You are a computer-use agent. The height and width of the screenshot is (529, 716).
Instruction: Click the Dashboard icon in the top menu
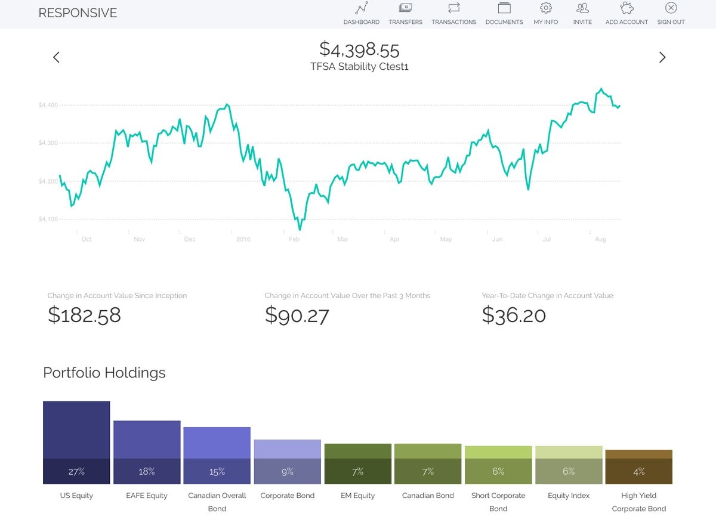(361, 8)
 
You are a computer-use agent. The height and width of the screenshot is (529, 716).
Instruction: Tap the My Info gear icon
(545, 8)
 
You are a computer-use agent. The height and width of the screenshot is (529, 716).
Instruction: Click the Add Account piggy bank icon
(626, 8)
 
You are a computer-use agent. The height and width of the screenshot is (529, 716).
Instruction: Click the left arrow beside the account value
(56, 57)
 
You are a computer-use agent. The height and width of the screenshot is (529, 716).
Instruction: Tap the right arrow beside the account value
(662, 57)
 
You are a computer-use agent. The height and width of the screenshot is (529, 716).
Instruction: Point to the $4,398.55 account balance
(359, 49)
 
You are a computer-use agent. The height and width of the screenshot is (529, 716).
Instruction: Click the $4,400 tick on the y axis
(48, 106)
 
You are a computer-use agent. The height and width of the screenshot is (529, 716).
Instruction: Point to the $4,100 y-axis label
(48, 219)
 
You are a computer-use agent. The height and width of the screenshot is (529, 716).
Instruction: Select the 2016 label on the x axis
(243, 240)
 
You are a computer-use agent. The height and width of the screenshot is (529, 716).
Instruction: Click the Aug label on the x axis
(600, 240)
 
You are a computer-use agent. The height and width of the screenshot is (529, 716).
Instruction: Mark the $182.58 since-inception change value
(84, 315)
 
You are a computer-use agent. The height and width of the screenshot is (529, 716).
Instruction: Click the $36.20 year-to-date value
(514, 315)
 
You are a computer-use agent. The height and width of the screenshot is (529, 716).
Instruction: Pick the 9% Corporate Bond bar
(288, 462)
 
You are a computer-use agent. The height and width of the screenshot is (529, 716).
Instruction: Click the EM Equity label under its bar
(357, 496)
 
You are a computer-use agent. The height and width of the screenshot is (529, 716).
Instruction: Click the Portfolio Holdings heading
(104, 373)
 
